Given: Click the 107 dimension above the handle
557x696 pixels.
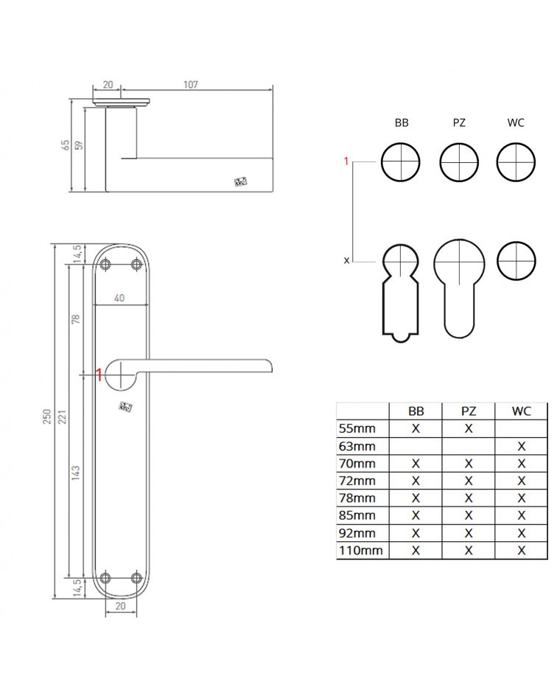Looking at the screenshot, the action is (x=191, y=84).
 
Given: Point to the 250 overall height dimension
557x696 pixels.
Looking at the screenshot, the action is (x=47, y=417).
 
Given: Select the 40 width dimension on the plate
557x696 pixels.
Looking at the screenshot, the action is (x=119, y=298).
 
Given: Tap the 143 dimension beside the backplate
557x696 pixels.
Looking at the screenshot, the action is (x=75, y=473).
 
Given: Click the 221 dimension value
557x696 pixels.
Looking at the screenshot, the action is (x=62, y=417).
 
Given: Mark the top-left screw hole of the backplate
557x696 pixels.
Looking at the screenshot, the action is (x=105, y=265).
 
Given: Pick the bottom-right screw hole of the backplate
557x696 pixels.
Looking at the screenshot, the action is (x=136, y=578).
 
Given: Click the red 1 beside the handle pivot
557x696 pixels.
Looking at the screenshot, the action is (x=99, y=375).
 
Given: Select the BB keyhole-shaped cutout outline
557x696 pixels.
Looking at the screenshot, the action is (x=401, y=293).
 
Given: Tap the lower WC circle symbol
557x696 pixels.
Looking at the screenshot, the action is (x=516, y=260).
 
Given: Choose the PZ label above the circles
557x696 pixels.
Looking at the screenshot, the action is (x=459, y=123).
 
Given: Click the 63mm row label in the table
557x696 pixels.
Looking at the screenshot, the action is (x=357, y=446).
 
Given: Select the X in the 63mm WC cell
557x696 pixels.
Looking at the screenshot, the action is (x=521, y=446).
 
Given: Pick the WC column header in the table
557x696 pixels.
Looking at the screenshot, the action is (x=521, y=411).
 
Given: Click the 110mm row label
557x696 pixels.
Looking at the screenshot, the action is (x=360, y=551).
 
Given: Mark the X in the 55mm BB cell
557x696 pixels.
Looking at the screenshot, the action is (x=416, y=428).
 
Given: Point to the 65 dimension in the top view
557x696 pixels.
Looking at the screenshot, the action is (x=66, y=145).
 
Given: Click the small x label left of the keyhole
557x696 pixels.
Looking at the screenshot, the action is (x=347, y=260).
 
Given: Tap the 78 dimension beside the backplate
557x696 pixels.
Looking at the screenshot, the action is (x=75, y=319).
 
